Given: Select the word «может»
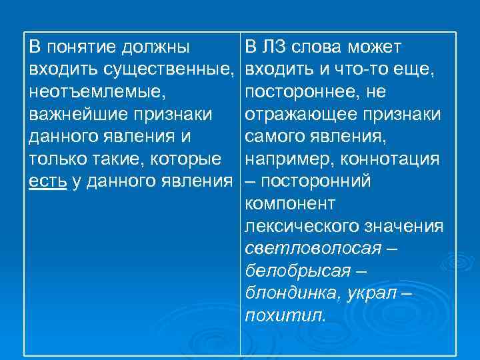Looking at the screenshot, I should (x=375, y=47).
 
